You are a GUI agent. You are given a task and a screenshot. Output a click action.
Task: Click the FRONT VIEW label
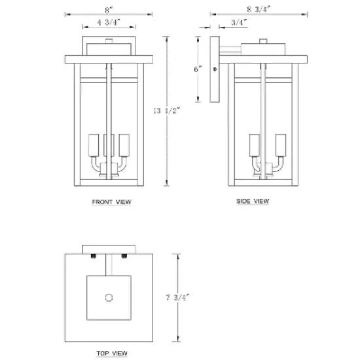click(x=111, y=203)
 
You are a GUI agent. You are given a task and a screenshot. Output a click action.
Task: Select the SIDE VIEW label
click(x=253, y=201)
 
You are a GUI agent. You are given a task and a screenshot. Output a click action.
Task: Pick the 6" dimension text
click(x=198, y=68)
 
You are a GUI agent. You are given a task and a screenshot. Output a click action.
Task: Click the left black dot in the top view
click(x=94, y=255)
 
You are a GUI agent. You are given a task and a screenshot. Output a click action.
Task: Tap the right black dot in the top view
click(x=125, y=255)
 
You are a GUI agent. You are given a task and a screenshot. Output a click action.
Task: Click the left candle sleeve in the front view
click(x=92, y=144)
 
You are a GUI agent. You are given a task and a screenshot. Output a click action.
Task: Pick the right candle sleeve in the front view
click(x=124, y=144)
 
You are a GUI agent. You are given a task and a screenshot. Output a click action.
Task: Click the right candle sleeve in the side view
click(x=281, y=145)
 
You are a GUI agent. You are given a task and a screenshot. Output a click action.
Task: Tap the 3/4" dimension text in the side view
click(x=240, y=23)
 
